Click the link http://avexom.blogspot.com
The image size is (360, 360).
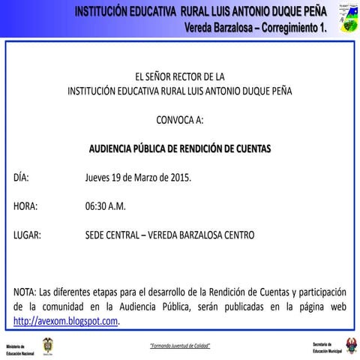point(66,321)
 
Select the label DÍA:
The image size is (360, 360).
point(21,178)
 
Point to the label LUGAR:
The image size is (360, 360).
point(28,235)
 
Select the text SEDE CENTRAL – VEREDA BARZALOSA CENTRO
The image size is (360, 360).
point(170,235)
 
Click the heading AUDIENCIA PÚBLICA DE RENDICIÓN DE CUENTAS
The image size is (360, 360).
point(179,148)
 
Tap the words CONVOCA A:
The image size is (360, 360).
point(179,119)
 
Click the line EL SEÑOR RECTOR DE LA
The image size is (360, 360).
point(179,76)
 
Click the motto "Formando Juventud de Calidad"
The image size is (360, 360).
point(179,345)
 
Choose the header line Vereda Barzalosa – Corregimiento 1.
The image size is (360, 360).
point(256,26)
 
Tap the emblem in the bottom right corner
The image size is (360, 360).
point(349,345)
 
